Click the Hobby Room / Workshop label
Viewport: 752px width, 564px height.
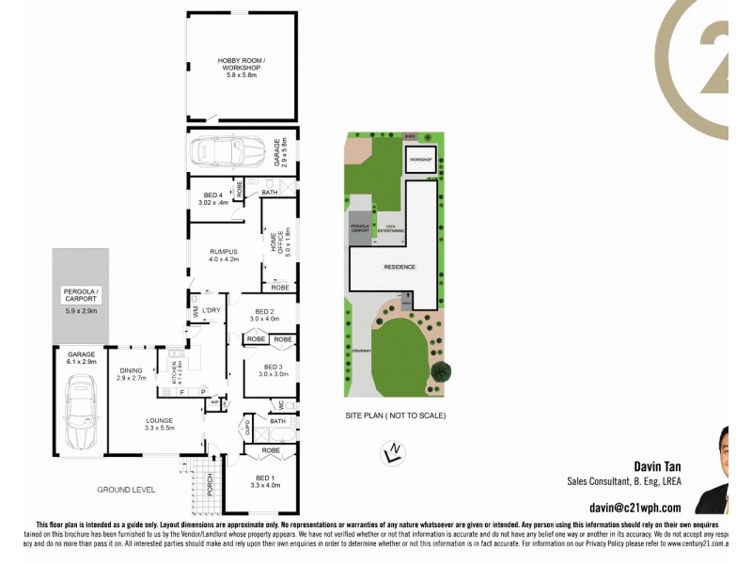point(242,68)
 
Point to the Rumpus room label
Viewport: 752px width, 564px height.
point(223,256)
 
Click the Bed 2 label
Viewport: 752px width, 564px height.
point(265,315)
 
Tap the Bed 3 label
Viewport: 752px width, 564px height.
point(273,370)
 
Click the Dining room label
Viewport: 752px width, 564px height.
point(132,373)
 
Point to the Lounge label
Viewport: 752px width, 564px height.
point(159,424)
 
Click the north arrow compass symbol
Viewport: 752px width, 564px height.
point(395,452)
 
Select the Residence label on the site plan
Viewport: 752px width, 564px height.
point(399,267)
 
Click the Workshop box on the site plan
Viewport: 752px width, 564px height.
point(421,160)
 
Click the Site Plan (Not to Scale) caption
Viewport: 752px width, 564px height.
point(395,415)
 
